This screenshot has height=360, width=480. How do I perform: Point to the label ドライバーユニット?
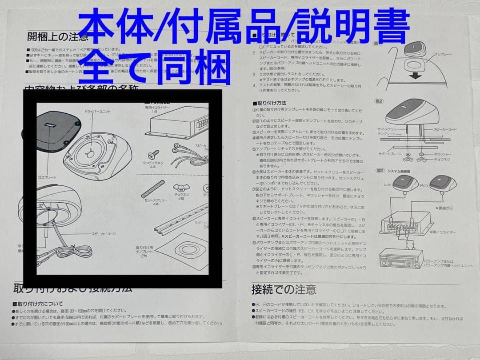(96, 111)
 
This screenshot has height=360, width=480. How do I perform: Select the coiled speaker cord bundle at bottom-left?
(76, 252)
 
